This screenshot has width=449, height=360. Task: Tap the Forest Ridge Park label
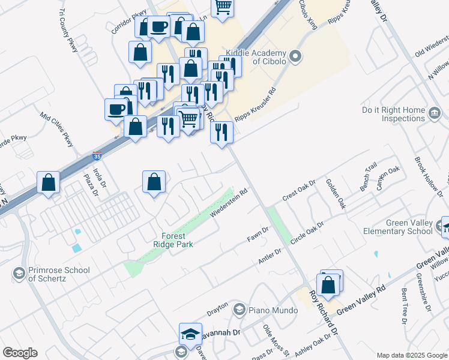pyautogui.click(x=181, y=240)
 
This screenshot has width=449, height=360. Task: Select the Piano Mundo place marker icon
pyautogui.click(x=240, y=310)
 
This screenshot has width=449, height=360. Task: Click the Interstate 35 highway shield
pyautogui.click(x=97, y=157)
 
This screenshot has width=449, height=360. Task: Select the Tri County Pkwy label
pyautogui.click(x=68, y=29)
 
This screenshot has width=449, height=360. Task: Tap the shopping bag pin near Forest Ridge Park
pyautogui.click(x=154, y=182)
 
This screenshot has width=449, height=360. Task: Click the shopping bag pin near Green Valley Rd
pyautogui.click(x=329, y=286)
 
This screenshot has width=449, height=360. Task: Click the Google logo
pyautogui.click(x=20, y=353)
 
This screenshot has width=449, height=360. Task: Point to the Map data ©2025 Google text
pyautogui.click(x=412, y=355)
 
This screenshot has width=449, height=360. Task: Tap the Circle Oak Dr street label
pyautogui.click(x=307, y=232)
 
